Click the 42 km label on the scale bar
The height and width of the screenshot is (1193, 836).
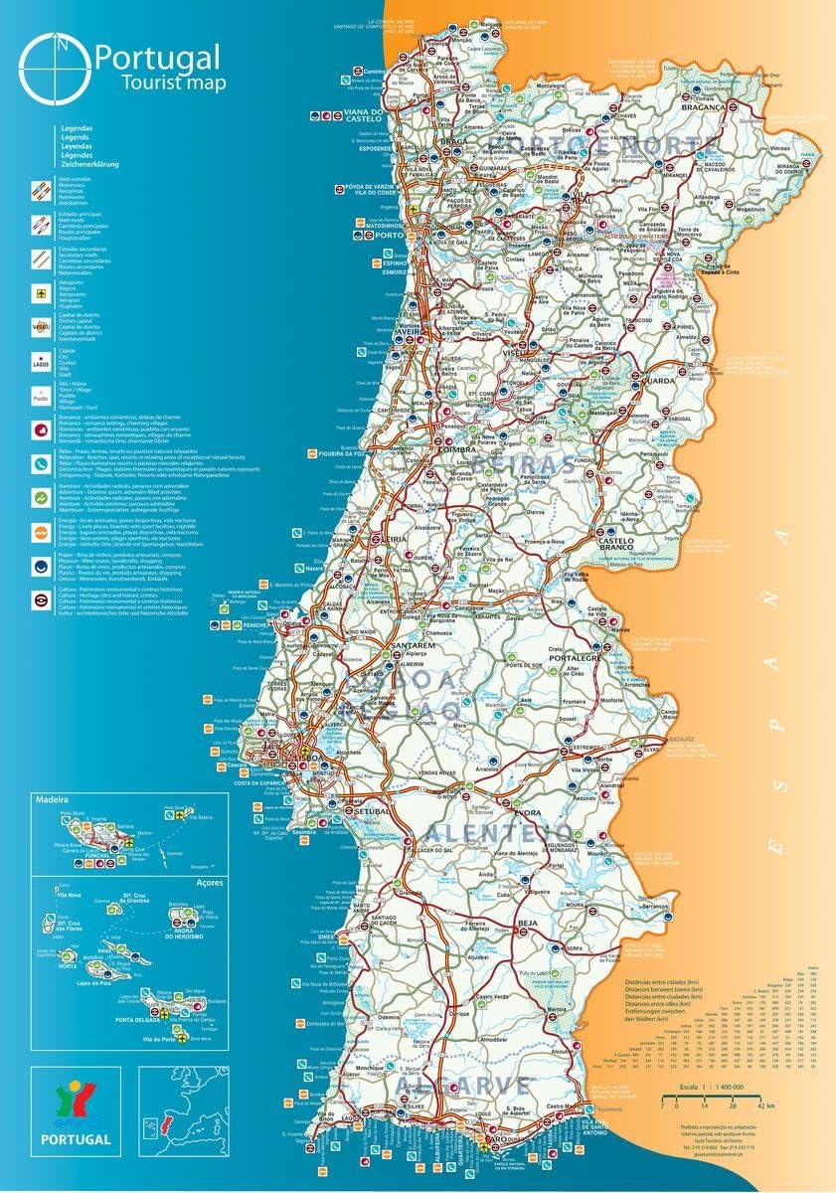tap(764, 1105)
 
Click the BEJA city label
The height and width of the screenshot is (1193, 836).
tap(527, 924)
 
